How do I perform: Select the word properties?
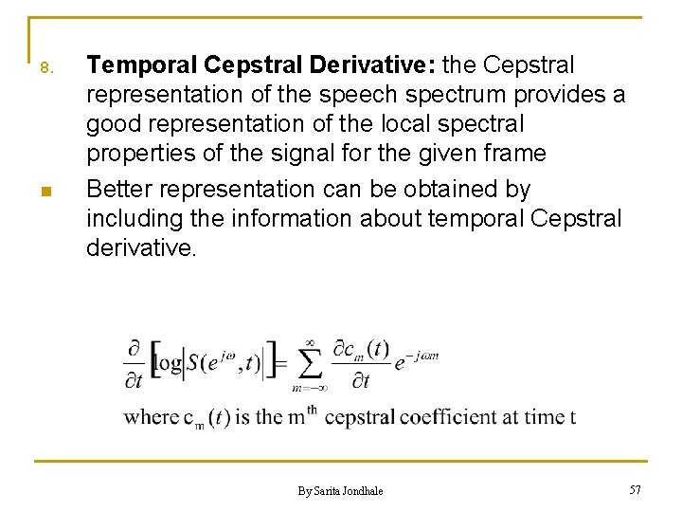[135, 154]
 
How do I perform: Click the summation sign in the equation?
[309, 364]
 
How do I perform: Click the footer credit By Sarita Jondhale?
[340, 490]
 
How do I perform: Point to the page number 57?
[635, 489]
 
